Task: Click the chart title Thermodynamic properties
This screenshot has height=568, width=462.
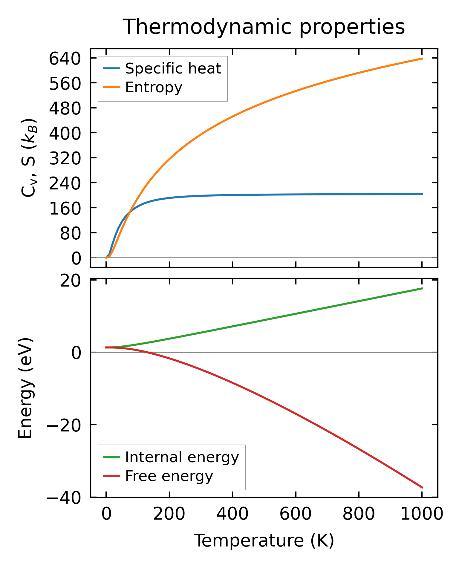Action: coord(264,27)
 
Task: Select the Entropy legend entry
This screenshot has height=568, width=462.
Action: coord(154,88)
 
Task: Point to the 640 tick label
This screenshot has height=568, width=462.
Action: coord(65,59)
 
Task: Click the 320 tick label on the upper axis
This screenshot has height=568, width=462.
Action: coord(65,158)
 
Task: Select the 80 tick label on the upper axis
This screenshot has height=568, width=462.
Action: coord(71,233)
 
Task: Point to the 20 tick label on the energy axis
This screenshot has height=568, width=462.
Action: coord(71,281)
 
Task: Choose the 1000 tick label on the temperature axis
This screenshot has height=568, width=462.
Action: coord(421,515)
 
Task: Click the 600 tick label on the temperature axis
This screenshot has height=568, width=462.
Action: coord(295,515)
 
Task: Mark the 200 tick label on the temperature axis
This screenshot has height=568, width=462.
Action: coord(169,515)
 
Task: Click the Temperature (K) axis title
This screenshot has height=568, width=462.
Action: coord(264,541)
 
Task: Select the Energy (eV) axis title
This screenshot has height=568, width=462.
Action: coord(25,388)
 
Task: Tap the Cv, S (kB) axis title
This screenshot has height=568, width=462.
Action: coord(29,158)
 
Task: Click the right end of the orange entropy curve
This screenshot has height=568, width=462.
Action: coord(422,59)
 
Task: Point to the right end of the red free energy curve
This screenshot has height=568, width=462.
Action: coord(422,488)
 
